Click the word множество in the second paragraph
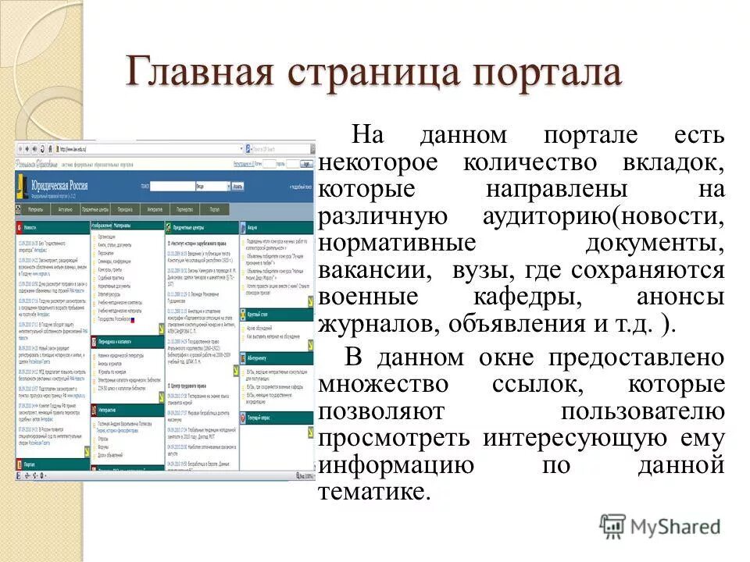(x=384, y=385)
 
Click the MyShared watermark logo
(x=659, y=526)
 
